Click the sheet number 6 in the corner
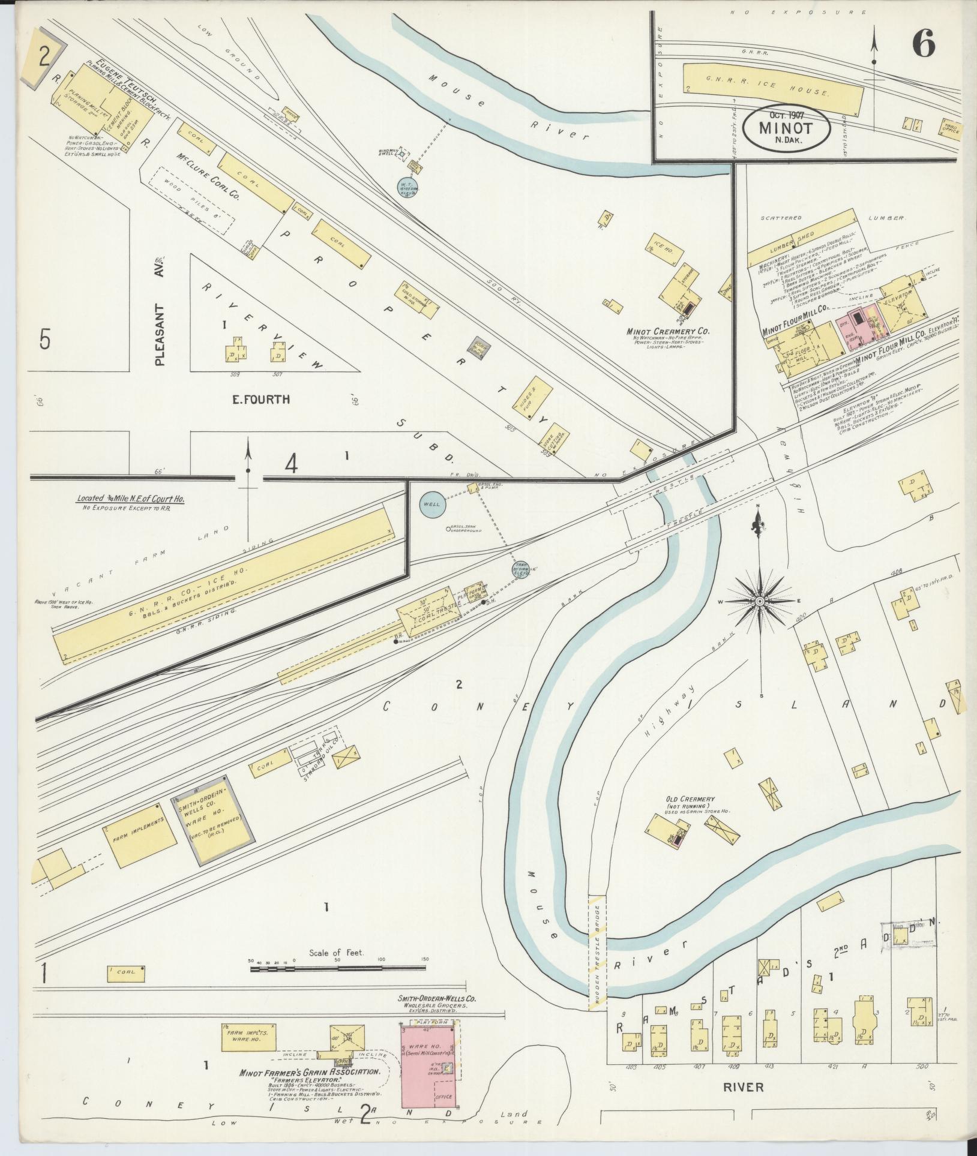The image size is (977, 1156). pyautogui.click(x=924, y=43)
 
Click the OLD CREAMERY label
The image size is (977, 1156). pyautogui.click(x=690, y=800)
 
